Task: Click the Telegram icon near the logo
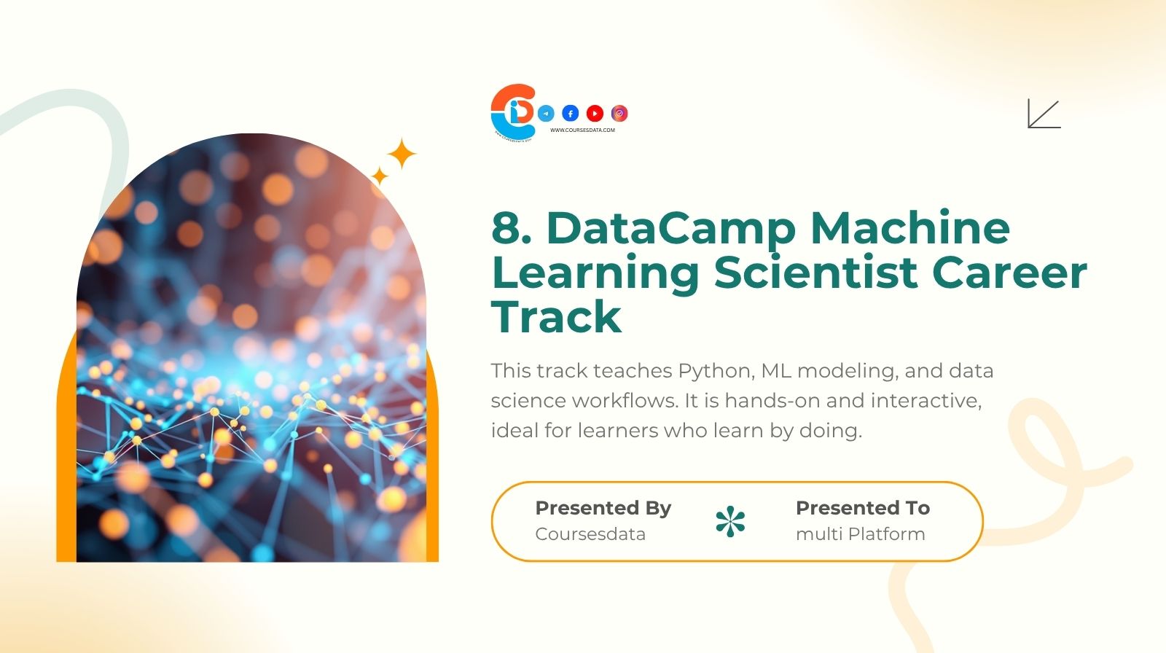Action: [x=546, y=113]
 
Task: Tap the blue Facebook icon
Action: [x=571, y=113]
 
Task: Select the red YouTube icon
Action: [x=595, y=113]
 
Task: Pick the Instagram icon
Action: [x=619, y=113]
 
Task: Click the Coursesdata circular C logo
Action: [x=513, y=111]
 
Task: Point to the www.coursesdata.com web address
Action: [x=582, y=130]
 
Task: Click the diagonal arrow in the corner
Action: [x=1044, y=114]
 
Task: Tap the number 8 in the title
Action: [x=507, y=227]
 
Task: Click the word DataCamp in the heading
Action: [x=670, y=229]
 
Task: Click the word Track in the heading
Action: [x=557, y=317]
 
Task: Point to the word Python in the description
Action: [x=715, y=371]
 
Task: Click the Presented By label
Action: [x=603, y=508]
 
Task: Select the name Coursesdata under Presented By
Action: [x=590, y=534]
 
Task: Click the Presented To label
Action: [x=862, y=508]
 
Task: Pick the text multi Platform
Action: [x=860, y=534]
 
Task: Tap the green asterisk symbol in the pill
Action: [x=730, y=522]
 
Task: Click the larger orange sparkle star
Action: [x=401, y=154]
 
